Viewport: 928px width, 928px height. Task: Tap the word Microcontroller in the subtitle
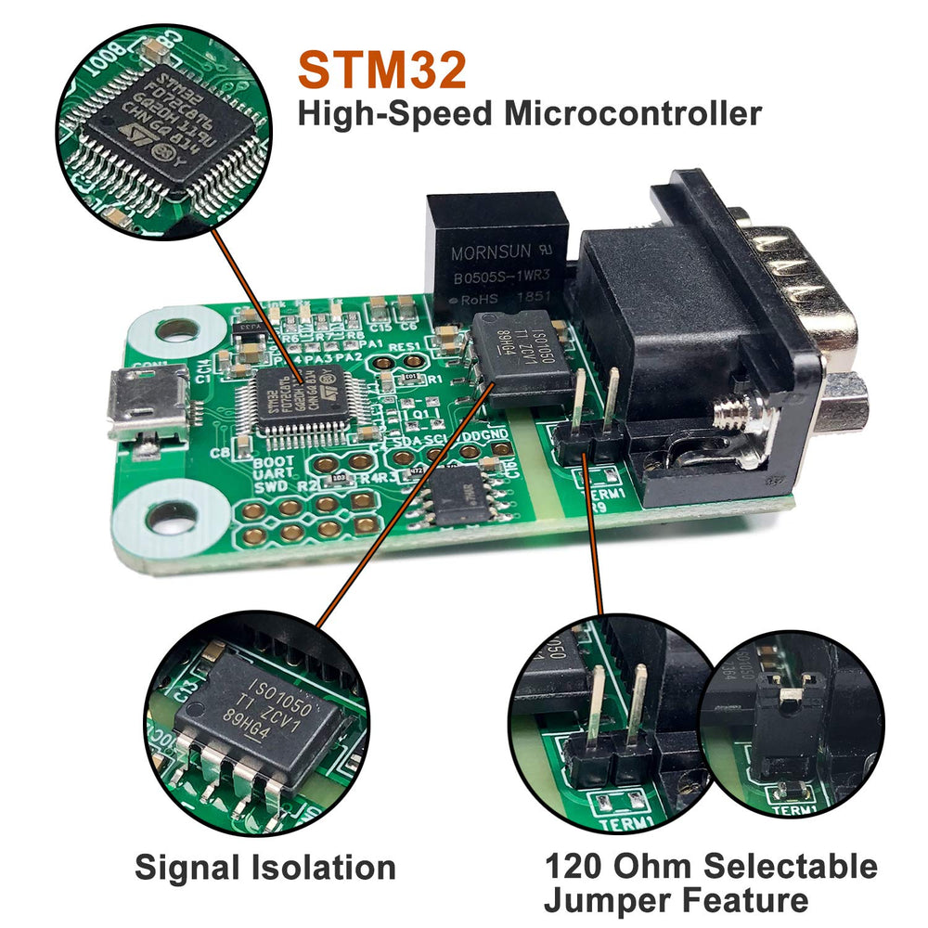(633, 114)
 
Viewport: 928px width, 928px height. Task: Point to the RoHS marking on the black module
(471, 300)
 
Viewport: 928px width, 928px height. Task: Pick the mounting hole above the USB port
(175, 329)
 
